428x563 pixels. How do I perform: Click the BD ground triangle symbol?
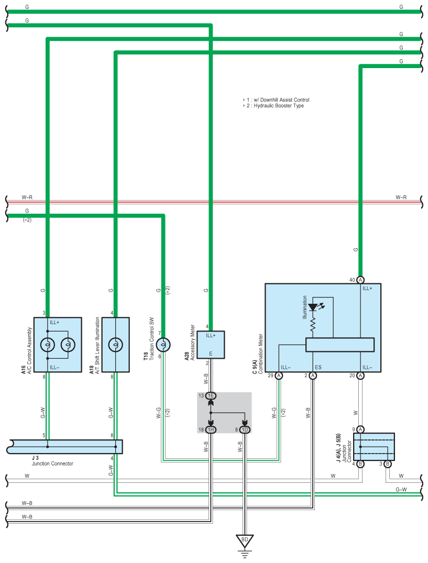click(245, 540)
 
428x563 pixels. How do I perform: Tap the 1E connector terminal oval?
click(211, 395)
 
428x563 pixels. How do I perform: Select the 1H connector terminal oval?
click(211, 429)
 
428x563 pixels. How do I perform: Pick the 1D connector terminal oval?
click(245, 429)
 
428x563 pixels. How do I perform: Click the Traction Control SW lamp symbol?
click(163, 345)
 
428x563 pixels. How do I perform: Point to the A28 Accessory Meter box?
click(211, 345)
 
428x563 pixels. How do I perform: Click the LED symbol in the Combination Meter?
click(313, 307)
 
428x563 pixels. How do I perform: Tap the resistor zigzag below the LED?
click(313, 324)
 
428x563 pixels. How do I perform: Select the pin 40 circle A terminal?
click(360, 280)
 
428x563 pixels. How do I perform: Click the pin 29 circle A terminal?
click(279, 376)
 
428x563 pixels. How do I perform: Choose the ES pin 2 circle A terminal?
click(313, 376)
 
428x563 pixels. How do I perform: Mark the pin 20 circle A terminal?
click(360, 376)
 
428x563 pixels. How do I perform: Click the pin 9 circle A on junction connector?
click(360, 429)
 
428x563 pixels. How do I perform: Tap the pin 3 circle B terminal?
click(388, 464)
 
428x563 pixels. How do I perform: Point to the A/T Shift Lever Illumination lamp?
click(116, 345)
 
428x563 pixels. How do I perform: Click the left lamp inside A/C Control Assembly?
click(47, 345)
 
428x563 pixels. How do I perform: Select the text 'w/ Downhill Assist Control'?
click(281, 100)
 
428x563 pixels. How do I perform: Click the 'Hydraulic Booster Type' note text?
click(279, 106)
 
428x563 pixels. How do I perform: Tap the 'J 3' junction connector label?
click(35, 458)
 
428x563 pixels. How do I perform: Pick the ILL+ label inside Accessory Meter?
click(211, 335)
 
